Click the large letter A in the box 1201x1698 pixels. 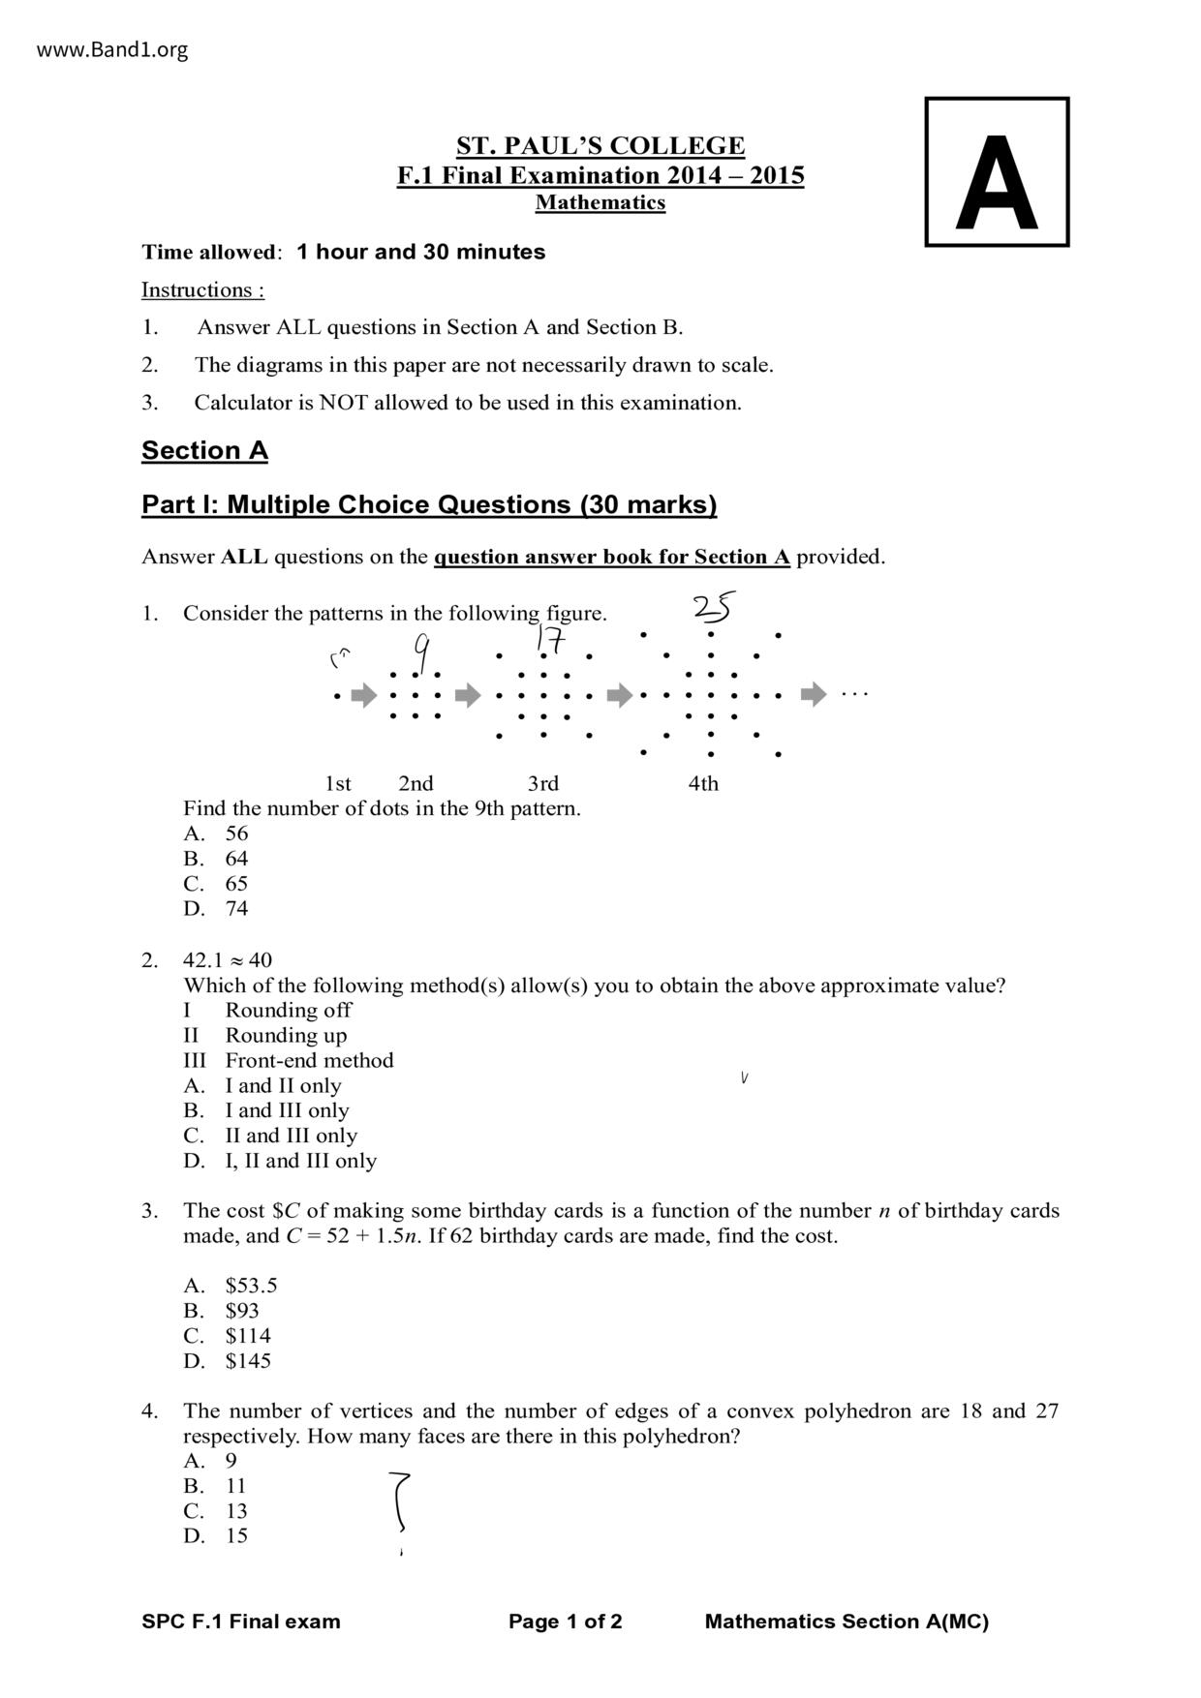996,183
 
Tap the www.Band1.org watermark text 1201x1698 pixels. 112,49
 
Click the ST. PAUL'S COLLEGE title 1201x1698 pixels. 600,146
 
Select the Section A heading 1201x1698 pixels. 204,450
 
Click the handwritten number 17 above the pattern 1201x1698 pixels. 550,640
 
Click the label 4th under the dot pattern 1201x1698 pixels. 703,783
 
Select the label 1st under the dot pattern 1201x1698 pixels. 337,783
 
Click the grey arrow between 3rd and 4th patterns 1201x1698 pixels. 620,694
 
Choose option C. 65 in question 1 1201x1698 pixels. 216,883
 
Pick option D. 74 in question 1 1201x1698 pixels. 216,908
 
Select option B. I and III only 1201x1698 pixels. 266,1110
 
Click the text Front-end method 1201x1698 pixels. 309,1060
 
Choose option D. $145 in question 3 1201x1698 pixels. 228,1360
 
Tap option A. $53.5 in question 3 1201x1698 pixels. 231,1285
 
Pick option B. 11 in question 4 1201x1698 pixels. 215,1485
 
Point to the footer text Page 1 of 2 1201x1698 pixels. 566,1622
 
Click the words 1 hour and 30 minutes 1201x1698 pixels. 420,252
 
